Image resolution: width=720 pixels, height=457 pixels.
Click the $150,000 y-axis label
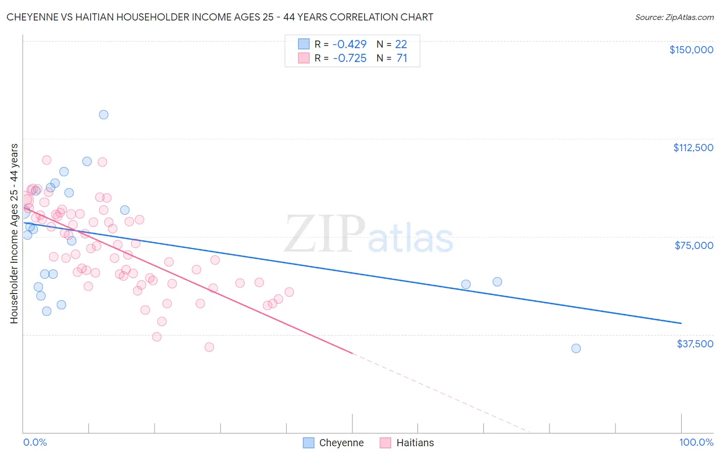(x=691, y=50)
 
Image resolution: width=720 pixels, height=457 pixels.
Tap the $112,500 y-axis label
(x=693, y=148)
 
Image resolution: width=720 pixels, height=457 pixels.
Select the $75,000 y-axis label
(x=694, y=245)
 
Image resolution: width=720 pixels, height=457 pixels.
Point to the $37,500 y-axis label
(x=695, y=344)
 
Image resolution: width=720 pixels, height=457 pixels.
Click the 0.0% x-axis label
(x=35, y=442)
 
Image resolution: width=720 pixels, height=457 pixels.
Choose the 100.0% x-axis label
(x=696, y=442)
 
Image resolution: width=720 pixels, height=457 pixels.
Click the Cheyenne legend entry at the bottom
(x=333, y=443)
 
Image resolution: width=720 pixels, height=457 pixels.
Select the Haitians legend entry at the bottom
(x=407, y=443)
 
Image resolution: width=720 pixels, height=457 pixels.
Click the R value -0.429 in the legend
(x=350, y=44)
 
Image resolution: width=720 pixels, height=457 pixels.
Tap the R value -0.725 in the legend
(x=350, y=58)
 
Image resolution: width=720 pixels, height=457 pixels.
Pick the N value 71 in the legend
(x=402, y=58)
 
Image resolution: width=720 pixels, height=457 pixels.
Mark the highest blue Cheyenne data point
(x=103, y=115)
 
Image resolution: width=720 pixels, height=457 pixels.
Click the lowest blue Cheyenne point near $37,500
(x=576, y=348)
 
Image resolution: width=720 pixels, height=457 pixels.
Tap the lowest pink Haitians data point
(x=209, y=347)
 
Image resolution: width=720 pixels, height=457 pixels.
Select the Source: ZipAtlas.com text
(x=674, y=17)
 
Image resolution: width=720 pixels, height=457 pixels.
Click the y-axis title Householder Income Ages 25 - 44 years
(x=14, y=233)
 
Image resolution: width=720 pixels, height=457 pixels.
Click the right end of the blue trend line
(x=681, y=323)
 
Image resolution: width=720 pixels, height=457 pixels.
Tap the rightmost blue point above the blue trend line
(x=497, y=282)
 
